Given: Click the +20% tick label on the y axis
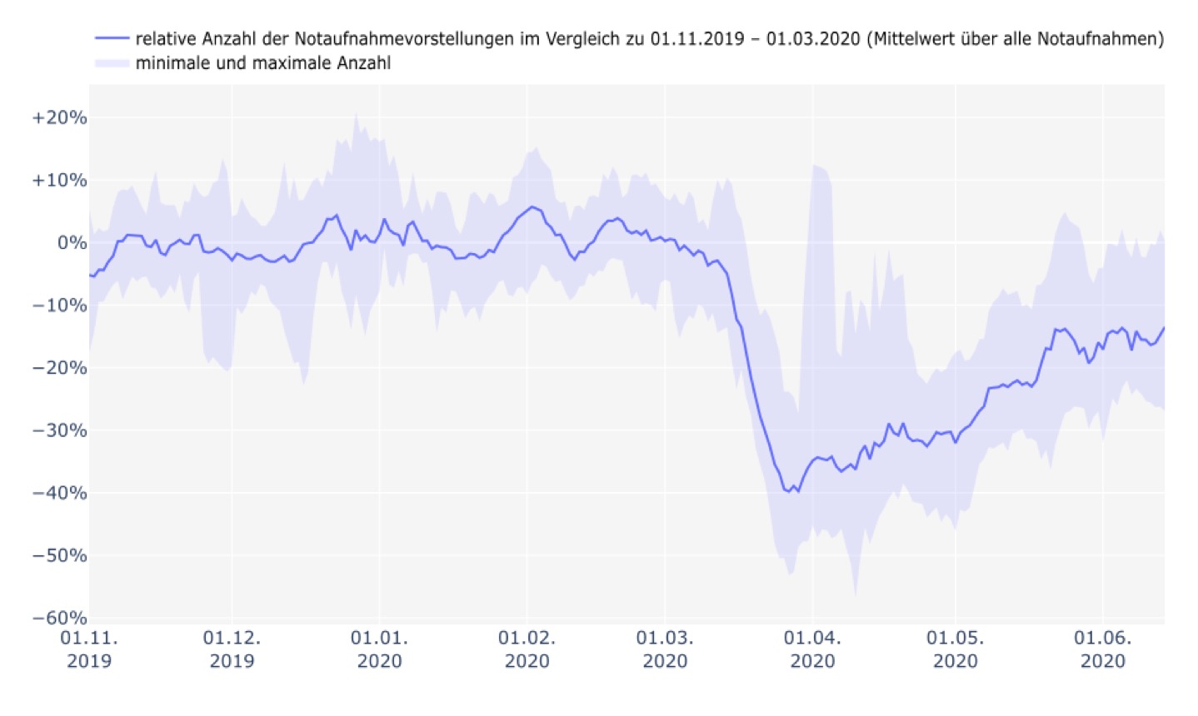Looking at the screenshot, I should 59,117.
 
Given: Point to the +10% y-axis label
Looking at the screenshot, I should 59,180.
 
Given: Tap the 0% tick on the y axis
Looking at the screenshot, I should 72,242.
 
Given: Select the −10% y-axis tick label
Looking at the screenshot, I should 59,305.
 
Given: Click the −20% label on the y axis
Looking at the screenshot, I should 59,367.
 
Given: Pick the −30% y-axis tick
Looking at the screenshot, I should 59,430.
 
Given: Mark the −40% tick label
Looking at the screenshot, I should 59,493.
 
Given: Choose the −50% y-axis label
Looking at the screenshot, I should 59,555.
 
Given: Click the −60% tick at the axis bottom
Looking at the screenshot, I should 59,618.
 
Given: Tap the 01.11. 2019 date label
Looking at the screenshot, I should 89,649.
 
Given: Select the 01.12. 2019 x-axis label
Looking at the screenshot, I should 232,649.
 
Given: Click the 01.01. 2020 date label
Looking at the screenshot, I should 379,649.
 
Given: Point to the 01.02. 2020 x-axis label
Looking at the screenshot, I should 527,649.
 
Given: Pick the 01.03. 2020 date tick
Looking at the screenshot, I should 665,649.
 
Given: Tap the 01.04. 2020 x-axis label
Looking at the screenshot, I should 812,649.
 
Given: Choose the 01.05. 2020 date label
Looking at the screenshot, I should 955,649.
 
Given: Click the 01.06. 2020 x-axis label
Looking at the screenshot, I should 1102,649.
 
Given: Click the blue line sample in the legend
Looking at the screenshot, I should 112,38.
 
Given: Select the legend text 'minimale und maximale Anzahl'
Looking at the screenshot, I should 262,62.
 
